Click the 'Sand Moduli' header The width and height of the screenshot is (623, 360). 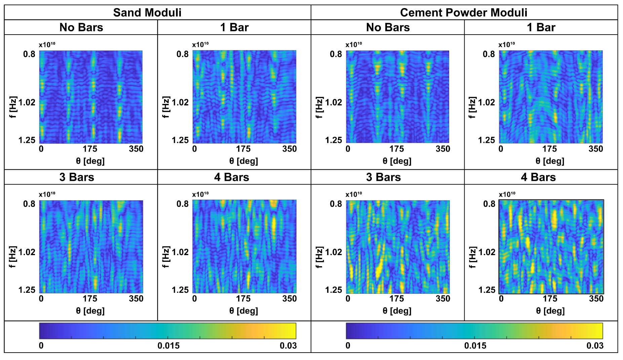[147, 13]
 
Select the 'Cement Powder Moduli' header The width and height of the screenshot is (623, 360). [464, 13]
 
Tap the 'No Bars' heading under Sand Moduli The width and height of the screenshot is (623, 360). [81, 28]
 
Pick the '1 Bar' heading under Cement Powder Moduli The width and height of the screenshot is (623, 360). [541, 28]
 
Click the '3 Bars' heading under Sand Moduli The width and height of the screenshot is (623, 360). [77, 177]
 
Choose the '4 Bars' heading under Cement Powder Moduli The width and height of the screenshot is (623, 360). [538, 177]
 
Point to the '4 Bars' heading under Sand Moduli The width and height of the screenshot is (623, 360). [231, 177]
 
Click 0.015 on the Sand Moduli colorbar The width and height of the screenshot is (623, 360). [168, 346]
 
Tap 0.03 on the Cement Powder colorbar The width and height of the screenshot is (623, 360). [595, 346]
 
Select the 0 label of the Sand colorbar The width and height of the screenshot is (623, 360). [41, 346]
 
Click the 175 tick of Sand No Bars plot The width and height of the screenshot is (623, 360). [90, 149]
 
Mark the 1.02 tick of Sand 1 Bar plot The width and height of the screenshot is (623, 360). [180, 102]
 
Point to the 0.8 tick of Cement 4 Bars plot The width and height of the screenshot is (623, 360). [489, 204]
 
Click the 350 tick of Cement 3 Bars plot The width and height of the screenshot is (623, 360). [442, 299]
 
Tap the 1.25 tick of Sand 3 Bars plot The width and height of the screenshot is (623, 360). [27, 290]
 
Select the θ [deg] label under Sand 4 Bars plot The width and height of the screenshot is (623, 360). [243, 311]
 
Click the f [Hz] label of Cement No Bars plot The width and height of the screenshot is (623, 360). [319, 108]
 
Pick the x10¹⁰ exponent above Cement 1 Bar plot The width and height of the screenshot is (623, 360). [506, 45]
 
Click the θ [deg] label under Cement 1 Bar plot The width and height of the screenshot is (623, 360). [550, 161]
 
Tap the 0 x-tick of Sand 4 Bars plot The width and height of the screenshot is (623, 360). [194, 299]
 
